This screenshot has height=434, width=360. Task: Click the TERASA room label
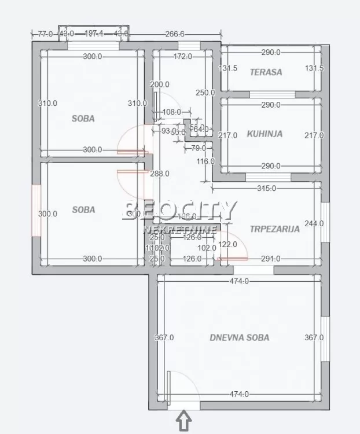coord(266,72)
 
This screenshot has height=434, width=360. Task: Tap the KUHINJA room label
coord(265,134)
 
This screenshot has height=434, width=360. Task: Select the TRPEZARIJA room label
coord(275,229)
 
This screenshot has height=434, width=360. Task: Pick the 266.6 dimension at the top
coord(174,34)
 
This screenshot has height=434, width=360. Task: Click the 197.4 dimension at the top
coord(94,34)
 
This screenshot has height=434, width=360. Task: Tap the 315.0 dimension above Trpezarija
coord(266,189)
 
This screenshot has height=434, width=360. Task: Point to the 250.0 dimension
coord(205,93)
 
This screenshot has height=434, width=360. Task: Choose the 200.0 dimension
coord(160,84)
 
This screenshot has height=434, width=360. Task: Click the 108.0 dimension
coord(171,112)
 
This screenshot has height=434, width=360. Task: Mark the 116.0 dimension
coord(205,161)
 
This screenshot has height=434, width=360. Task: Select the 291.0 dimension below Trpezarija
coord(271,259)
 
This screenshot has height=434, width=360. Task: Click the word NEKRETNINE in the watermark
coord(179,230)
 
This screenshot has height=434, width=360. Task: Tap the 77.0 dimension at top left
coord(46,34)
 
